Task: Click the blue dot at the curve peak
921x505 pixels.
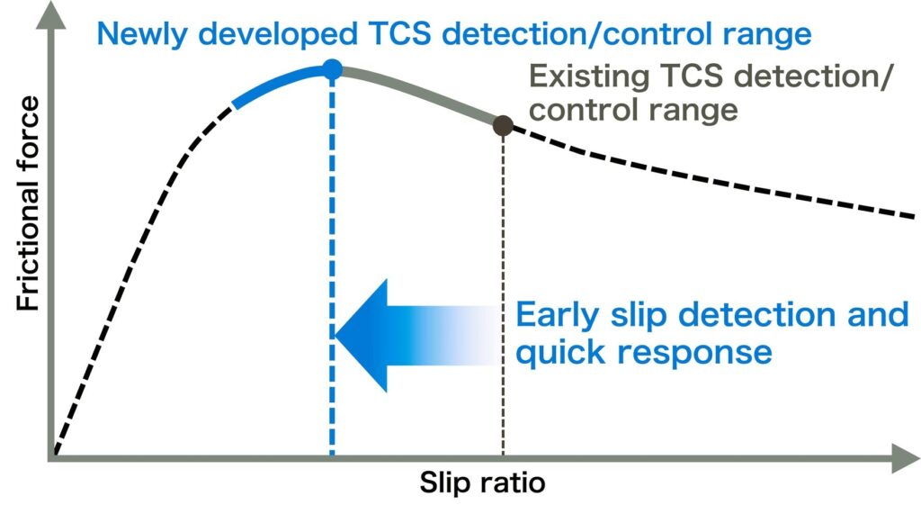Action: point(333,69)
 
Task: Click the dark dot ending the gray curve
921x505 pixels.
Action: point(503,125)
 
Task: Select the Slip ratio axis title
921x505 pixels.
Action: point(482,483)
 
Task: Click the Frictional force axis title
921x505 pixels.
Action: point(28,203)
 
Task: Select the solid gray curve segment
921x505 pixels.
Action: point(418,91)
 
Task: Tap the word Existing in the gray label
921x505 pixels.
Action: point(590,77)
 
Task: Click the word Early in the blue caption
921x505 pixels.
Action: point(559,316)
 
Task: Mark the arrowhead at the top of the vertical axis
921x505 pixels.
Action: point(51,15)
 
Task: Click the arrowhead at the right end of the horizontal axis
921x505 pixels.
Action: point(906,458)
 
